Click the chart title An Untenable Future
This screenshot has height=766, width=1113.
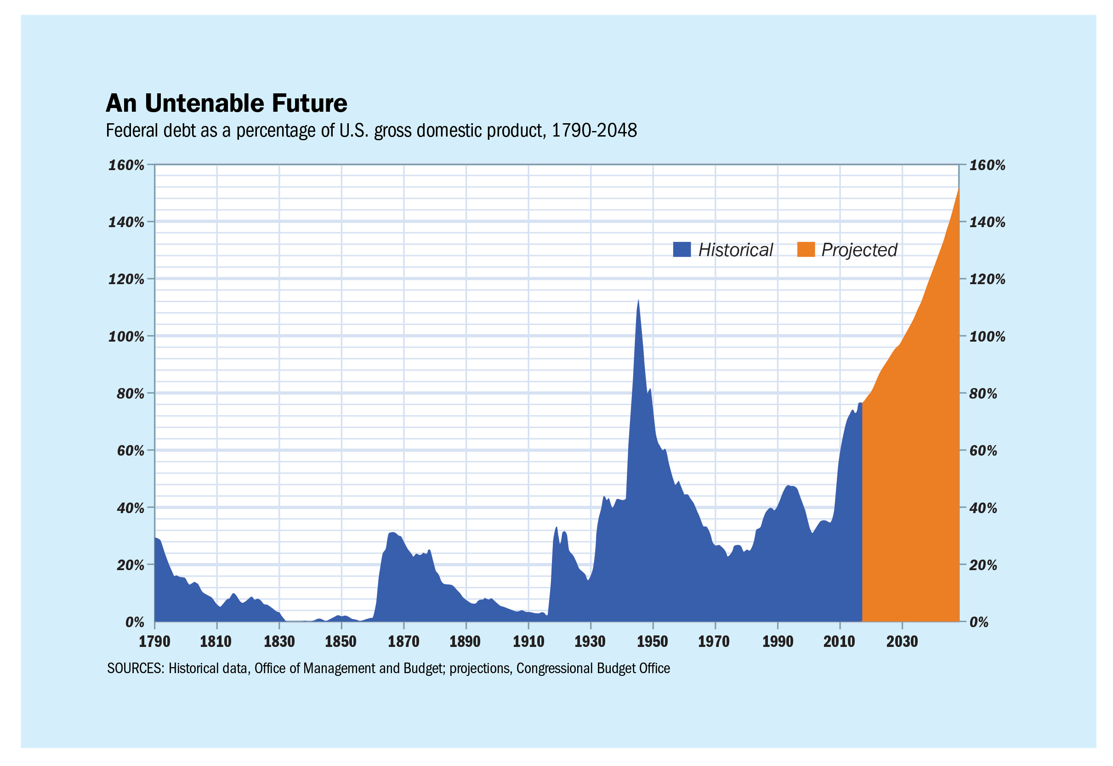click(x=226, y=103)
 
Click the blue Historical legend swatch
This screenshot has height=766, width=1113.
click(x=681, y=250)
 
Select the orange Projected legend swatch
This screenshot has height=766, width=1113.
click(x=806, y=250)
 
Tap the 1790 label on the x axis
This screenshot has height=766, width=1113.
click(x=154, y=642)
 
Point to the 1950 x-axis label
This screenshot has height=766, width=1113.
click(x=652, y=642)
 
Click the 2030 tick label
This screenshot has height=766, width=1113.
click(x=902, y=642)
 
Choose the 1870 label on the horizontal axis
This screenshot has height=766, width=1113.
click(x=403, y=642)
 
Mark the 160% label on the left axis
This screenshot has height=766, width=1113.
click(x=126, y=166)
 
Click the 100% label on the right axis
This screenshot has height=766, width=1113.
click(x=987, y=337)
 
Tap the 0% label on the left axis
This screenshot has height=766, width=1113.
click(x=134, y=623)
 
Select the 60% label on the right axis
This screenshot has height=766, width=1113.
click(x=982, y=451)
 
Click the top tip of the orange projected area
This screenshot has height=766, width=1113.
click(x=958, y=190)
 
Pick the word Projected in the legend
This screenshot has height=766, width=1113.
click(x=859, y=250)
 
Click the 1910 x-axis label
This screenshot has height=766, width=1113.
click(x=528, y=642)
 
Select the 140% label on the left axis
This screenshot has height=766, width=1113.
click(x=126, y=222)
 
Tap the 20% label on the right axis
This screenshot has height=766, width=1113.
click(x=982, y=566)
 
